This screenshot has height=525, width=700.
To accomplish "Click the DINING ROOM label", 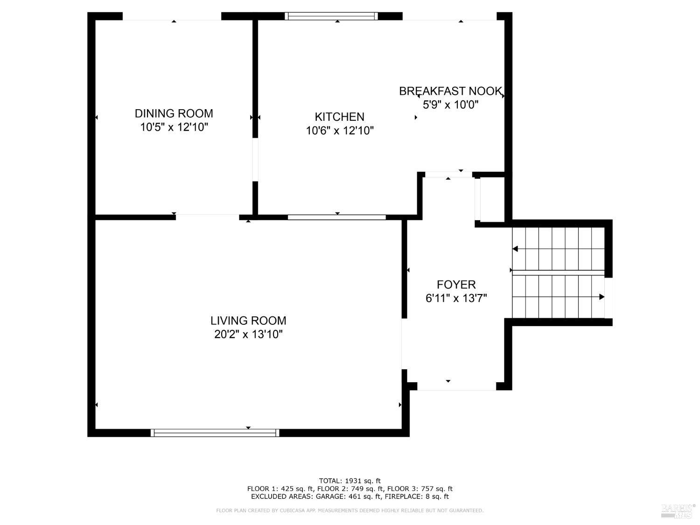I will coord(174,113).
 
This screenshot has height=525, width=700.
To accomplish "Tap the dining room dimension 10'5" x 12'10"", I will coord(174,127).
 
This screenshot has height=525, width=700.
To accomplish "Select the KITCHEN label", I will coord(339,117).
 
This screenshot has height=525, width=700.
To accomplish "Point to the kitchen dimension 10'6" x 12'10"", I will coord(339,131).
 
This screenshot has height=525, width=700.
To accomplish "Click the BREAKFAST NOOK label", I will coord(450,91).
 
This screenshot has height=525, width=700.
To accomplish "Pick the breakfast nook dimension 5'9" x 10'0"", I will coord(450,105).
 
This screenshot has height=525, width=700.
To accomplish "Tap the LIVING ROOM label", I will coord(248,321).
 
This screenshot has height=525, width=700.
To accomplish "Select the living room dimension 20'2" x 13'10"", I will coord(248,334).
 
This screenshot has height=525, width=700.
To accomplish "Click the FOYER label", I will coord(456,285).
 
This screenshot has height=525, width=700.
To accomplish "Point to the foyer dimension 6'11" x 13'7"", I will coord(456,298).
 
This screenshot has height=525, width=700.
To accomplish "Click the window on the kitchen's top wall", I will coord(331,16).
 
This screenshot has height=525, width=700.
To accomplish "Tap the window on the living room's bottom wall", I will coord(215,433).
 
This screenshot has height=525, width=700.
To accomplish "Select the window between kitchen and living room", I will coord(336,217).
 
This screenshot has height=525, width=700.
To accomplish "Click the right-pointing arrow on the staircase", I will coord(602,297).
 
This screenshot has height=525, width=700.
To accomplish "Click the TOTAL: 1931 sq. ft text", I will coord(350,481).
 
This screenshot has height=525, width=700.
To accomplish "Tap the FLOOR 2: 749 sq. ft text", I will coord(351,489).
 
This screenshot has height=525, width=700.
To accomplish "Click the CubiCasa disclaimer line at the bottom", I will coord(350,511).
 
